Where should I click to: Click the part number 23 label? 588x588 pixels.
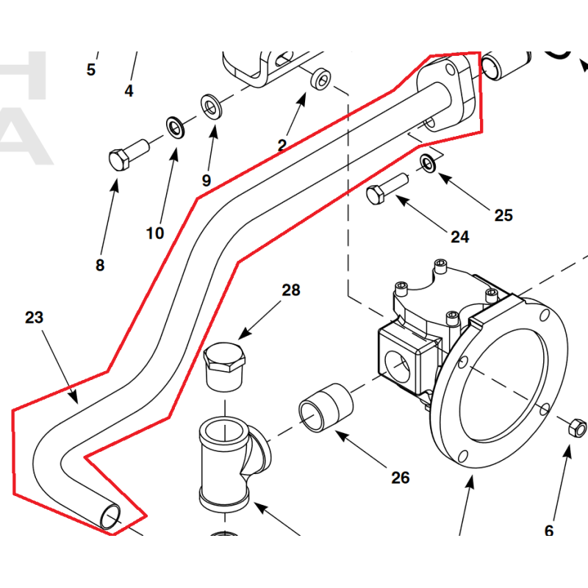34,318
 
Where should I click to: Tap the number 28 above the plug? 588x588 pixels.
291,290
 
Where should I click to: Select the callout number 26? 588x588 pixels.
400,478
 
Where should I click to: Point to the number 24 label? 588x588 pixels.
459,237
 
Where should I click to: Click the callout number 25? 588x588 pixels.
503,215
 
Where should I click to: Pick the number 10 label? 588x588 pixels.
154,234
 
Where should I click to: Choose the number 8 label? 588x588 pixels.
100,265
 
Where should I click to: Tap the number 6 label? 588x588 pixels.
548,531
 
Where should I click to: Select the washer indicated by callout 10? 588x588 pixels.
176,127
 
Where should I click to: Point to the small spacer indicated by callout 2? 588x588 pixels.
320,79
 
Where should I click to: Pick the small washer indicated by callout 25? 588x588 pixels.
428,162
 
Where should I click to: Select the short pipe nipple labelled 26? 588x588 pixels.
326,406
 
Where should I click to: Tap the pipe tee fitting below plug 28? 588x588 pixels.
227,459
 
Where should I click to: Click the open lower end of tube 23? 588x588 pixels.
110,517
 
